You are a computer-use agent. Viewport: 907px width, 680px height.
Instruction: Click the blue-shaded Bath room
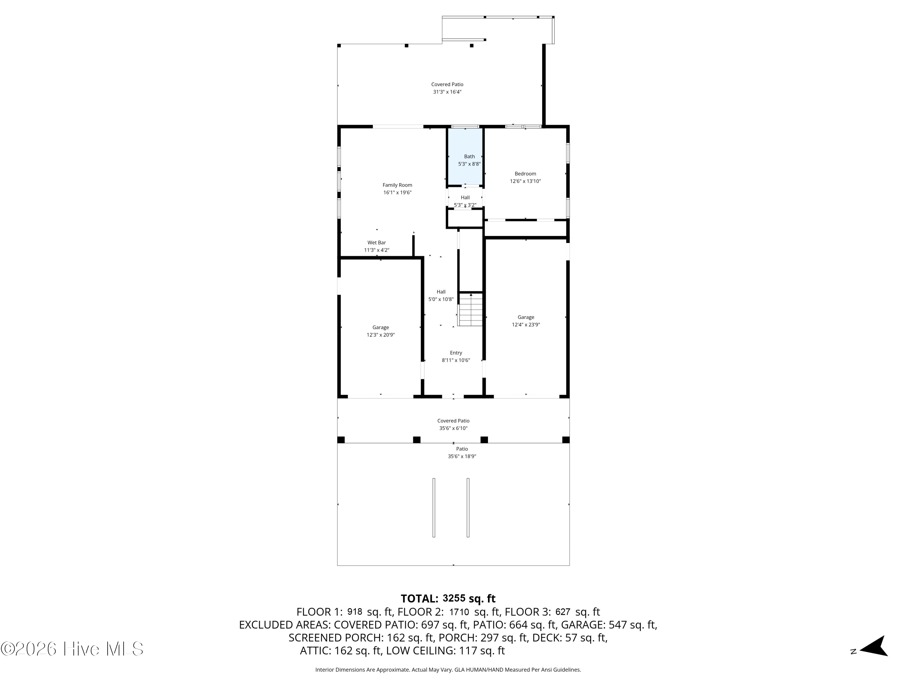click(465, 156)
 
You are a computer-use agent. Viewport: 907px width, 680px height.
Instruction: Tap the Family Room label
click(397, 189)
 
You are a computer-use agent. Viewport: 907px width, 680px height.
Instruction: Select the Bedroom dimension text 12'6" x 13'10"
click(525, 181)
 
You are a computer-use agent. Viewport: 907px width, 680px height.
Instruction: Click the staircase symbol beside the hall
click(471, 309)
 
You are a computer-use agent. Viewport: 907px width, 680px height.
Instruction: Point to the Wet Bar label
click(376, 246)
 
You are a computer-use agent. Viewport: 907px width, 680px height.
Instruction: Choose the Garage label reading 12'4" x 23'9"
click(526, 321)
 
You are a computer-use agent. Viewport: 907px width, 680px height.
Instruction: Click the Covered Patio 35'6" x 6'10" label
click(453, 425)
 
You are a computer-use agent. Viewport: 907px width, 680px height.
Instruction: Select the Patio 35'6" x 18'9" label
click(462, 452)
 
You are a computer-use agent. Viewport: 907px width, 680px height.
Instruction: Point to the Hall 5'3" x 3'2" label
click(465, 201)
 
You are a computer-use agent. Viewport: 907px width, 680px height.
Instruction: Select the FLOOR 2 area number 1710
click(459, 612)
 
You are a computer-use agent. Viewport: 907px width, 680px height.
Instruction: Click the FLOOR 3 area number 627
click(563, 612)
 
